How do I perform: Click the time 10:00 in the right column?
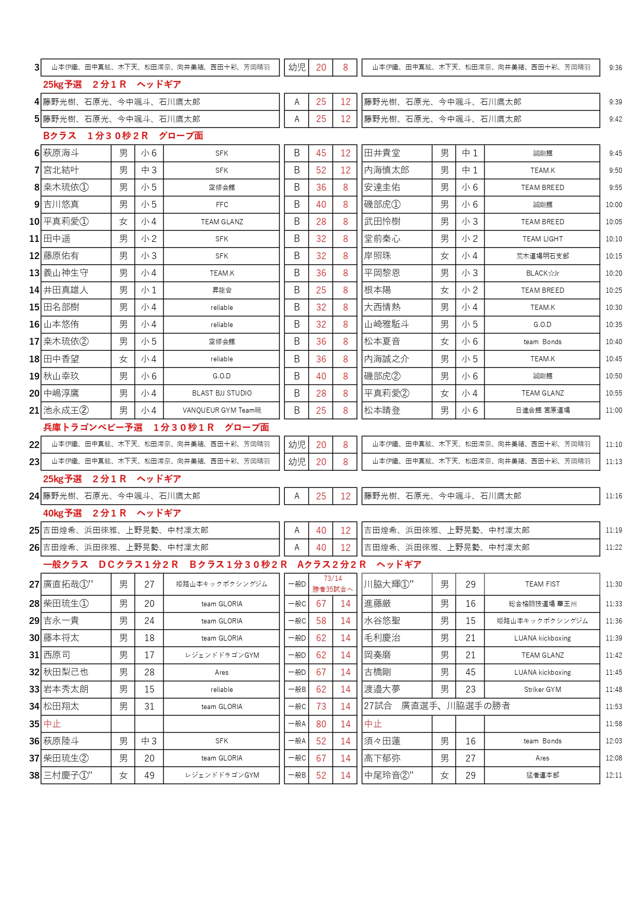tap(613, 205)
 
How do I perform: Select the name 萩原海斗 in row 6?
tap(61, 153)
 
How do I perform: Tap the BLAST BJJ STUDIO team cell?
tap(222, 393)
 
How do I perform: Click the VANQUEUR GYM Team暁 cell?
tap(222, 410)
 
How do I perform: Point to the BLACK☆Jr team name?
tap(542, 273)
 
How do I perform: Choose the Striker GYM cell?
tap(542, 689)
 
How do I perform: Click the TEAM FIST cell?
tap(542, 584)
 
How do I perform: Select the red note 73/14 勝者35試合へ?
tap(333, 584)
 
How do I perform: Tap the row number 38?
tap(34, 775)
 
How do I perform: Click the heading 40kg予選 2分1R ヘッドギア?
tap(112, 513)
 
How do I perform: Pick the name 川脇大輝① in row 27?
tap(389, 584)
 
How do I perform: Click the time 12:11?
tap(613, 775)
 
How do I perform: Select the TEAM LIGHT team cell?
tap(542, 239)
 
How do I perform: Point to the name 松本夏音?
tap(382, 342)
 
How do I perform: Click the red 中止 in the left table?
tap(52, 724)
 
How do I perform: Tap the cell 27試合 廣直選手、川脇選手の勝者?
tap(437, 706)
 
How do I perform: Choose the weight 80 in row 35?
tap(321, 724)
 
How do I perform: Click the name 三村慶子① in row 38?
tap(68, 775)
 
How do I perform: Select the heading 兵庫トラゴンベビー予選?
tap(93, 427)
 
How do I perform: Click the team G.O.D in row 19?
tap(222, 376)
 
